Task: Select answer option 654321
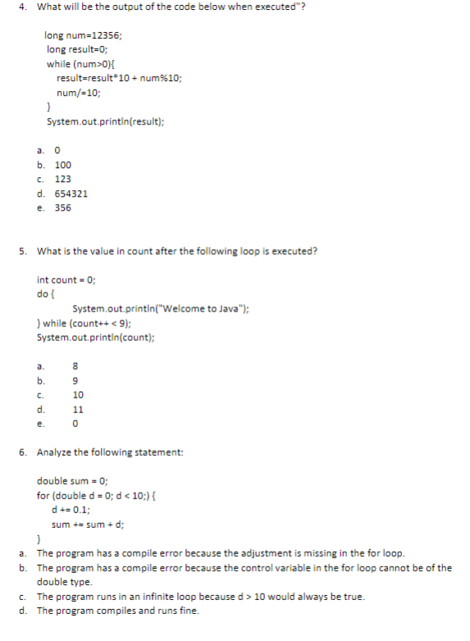click(x=71, y=193)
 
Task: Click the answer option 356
click(x=63, y=207)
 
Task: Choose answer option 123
click(x=63, y=179)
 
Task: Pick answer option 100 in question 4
click(x=63, y=165)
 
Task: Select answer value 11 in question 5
click(x=78, y=409)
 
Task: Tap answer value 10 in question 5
click(x=78, y=395)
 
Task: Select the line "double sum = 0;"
click(x=74, y=481)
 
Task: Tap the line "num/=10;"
click(x=79, y=93)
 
